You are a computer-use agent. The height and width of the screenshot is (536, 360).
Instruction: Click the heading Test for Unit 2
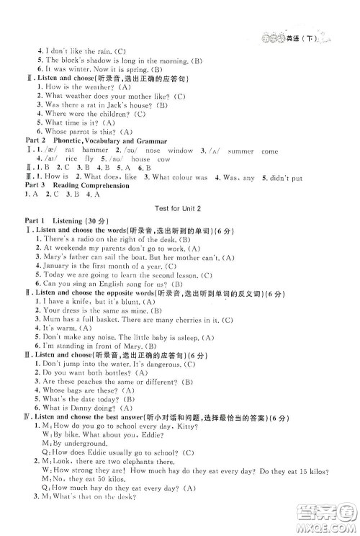pos(180,207)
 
